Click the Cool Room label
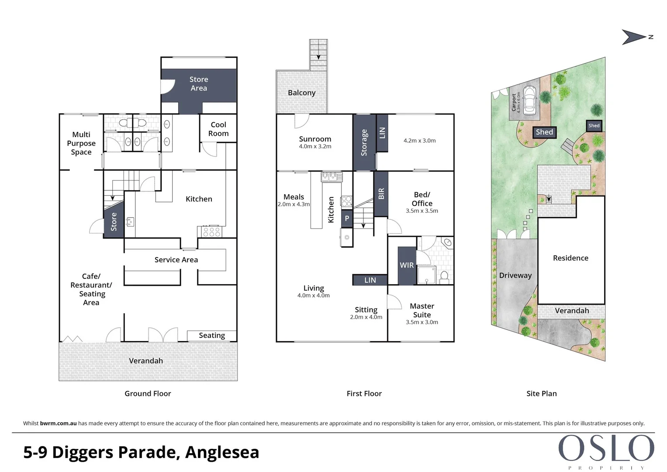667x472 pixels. point(218,129)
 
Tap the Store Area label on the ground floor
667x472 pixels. point(199,84)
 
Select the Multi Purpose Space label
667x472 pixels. point(81,143)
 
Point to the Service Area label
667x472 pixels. point(176,260)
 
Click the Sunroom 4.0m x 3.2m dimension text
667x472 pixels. point(315,146)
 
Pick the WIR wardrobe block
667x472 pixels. point(407,265)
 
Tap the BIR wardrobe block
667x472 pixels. point(381,194)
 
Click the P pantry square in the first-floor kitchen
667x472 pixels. point(347,219)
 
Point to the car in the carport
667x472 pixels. point(530,100)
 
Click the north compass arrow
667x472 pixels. point(633,37)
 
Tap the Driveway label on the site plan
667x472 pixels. point(515,275)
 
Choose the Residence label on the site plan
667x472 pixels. point(570,258)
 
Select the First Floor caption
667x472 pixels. point(364,394)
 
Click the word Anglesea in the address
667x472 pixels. point(222,452)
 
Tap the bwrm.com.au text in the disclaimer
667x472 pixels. point(59,423)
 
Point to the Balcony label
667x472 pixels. point(302,93)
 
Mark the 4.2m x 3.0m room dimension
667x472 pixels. point(420,141)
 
